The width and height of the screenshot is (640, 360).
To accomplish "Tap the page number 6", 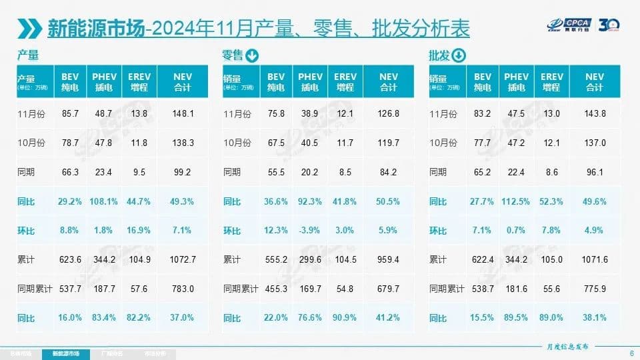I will coord(631,353).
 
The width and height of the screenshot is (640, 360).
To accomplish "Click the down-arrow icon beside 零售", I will coord(252,55).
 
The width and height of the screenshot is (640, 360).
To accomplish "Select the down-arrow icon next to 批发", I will coord(459,55).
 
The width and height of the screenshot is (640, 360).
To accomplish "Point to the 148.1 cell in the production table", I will coord(182,114).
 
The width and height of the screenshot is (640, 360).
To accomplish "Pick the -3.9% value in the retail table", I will coord(310,231).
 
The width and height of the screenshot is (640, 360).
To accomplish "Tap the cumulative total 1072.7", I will coord(182,260).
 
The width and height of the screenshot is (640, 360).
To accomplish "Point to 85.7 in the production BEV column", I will coord(70,114).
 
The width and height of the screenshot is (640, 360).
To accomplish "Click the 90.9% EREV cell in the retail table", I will coord(345,319).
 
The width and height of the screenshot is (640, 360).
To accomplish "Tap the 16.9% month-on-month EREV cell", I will coord(139,231).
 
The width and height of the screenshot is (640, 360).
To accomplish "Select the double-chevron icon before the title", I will coord(30,28).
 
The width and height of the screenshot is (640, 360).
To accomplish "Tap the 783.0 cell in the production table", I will coord(182,289).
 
